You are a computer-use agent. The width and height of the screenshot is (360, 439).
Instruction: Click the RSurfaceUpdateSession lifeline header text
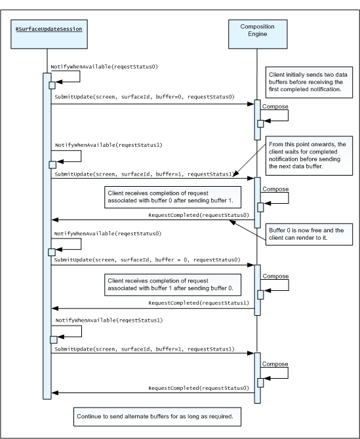(49, 29)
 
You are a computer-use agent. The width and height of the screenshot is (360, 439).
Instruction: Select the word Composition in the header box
(258, 27)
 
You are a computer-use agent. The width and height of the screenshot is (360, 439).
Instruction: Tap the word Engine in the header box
(258, 34)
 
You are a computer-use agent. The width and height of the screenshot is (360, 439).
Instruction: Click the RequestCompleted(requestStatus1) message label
(199, 303)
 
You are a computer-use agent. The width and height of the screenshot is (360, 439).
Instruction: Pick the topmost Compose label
(275, 106)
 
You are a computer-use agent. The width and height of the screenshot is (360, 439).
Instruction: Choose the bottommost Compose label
(275, 364)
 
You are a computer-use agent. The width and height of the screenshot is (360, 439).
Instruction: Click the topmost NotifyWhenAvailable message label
(104, 67)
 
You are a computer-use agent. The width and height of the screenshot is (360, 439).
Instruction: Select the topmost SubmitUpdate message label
(144, 97)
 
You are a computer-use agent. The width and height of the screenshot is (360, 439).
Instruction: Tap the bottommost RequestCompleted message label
(199, 388)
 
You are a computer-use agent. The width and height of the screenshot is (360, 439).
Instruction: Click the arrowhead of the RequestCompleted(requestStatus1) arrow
(55, 308)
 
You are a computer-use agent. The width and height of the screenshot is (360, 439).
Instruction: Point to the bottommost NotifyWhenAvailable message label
(109, 320)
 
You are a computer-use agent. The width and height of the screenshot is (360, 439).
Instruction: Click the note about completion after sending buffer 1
(172, 197)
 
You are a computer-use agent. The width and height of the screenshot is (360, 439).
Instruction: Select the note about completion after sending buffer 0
(172, 285)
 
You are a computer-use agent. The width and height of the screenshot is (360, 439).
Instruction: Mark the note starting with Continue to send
(157, 417)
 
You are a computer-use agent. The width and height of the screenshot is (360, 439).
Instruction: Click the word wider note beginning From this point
(309, 156)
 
